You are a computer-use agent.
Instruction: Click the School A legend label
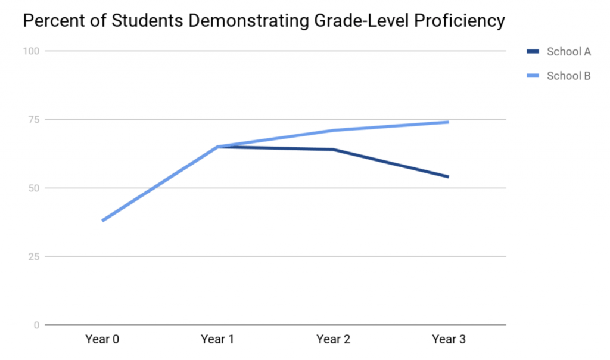click(x=568, y=52)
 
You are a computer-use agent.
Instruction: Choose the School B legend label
click(x=568, y=76)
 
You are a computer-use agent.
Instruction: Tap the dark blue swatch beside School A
click(x=533, y=52)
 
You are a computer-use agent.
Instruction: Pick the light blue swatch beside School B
click(x=533, y=76)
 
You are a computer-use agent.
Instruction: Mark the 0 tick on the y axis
click(x=36, y=325)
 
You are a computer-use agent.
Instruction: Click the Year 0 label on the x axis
click(x=102, y=340)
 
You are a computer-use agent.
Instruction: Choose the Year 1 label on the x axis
click(x=217, y=340)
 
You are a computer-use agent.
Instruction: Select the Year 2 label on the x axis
click(x=333, y=340)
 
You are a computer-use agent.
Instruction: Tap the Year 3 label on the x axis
click(x=448, y=340)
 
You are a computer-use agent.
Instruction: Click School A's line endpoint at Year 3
click(x=447, y=176)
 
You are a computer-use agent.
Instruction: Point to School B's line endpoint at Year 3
click(x=447, y=122)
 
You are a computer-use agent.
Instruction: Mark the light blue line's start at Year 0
click(x=103, y=221)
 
